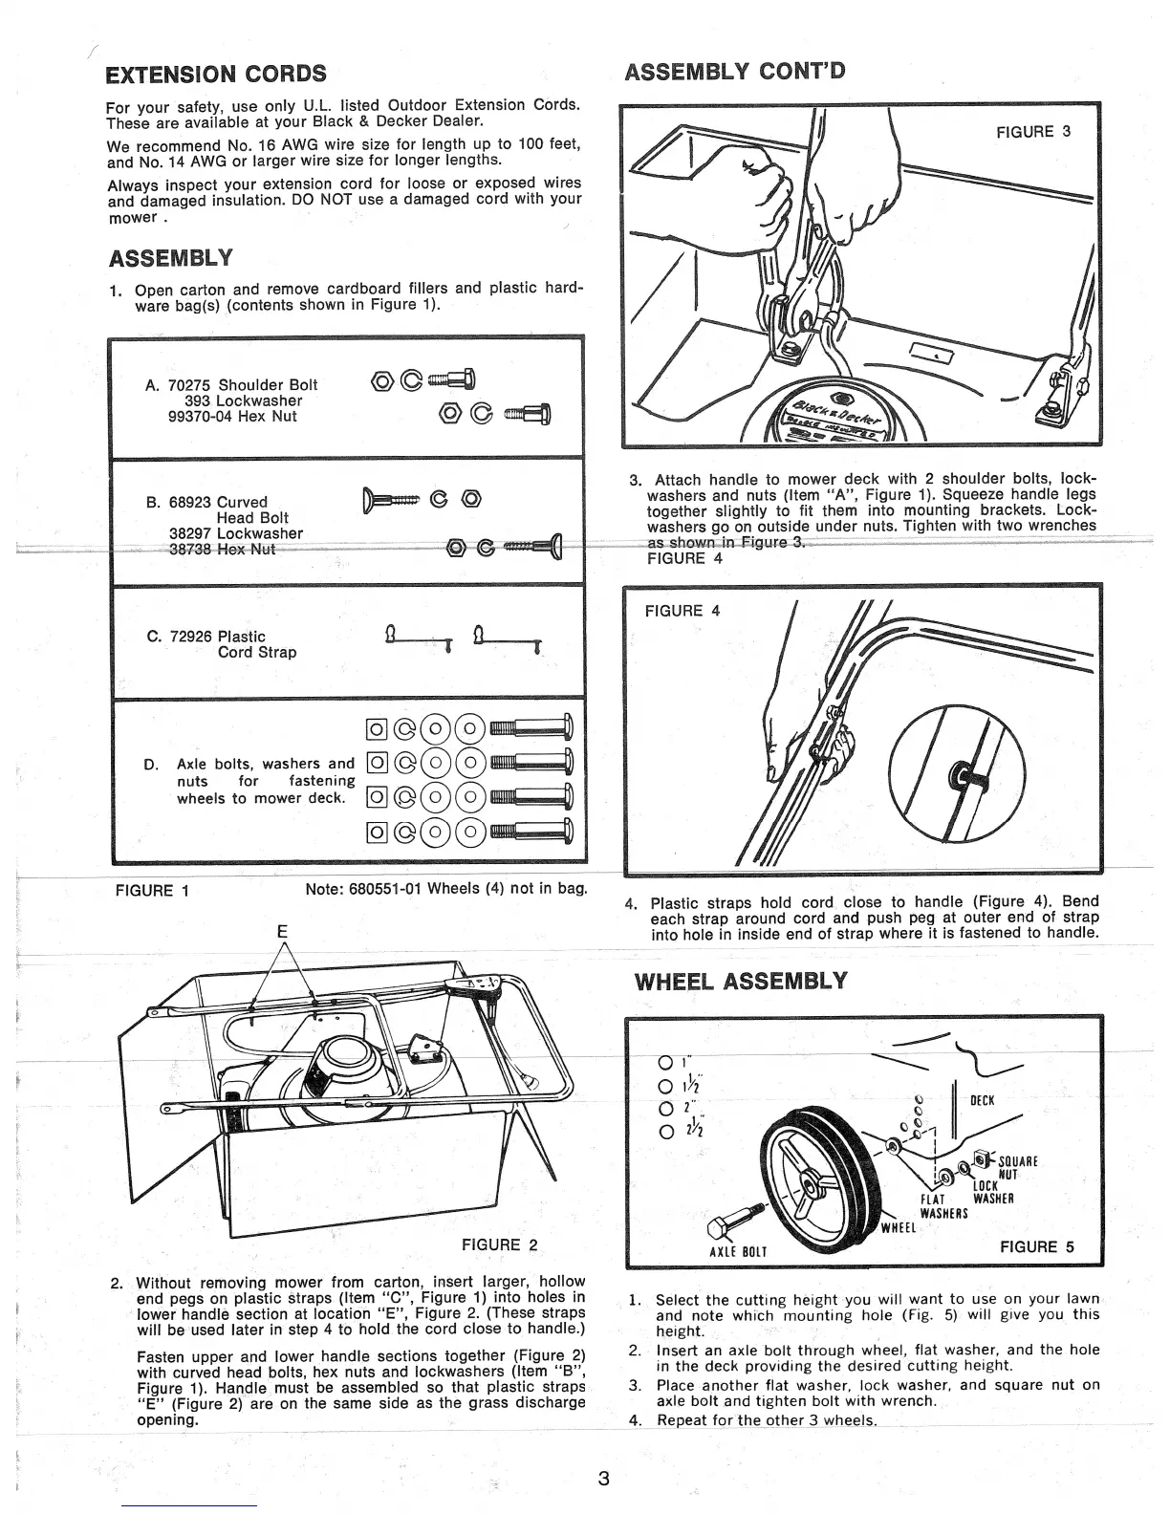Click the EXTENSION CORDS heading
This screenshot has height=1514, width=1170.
216,74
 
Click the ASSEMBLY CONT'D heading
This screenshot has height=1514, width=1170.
734,71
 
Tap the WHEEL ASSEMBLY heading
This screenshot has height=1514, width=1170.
741,982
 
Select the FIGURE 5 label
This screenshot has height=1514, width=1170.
1036,1246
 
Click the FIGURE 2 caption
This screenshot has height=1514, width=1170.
500,1244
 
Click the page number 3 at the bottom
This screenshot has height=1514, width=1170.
603,1479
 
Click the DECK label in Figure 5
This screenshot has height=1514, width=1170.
983,1100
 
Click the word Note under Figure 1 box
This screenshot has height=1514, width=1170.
323,890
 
